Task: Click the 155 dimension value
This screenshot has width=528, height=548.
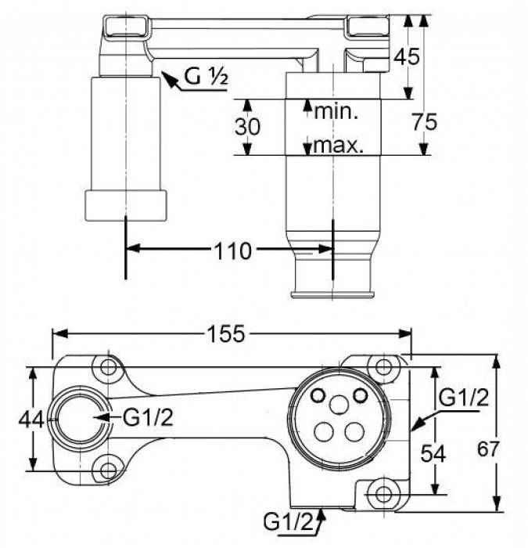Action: coord(226,333)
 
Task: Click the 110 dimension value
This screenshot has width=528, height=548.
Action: coord(233,251)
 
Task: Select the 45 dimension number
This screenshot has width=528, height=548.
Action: coord(406,56)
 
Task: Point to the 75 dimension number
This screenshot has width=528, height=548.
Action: coord(424,122)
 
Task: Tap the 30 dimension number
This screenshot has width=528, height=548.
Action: coord(246,126)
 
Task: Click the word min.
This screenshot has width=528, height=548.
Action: coord(336,111)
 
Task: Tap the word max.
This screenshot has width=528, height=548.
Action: coord(339,145)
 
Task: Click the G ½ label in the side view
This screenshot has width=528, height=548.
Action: coord(206,77)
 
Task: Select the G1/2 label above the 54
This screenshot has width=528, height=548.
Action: coord(463,397)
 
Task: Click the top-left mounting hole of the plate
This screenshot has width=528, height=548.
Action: coord(106,366)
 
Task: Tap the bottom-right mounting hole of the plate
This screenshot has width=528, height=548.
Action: coord(382,494)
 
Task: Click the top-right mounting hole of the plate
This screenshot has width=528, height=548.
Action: coord(382,366)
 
